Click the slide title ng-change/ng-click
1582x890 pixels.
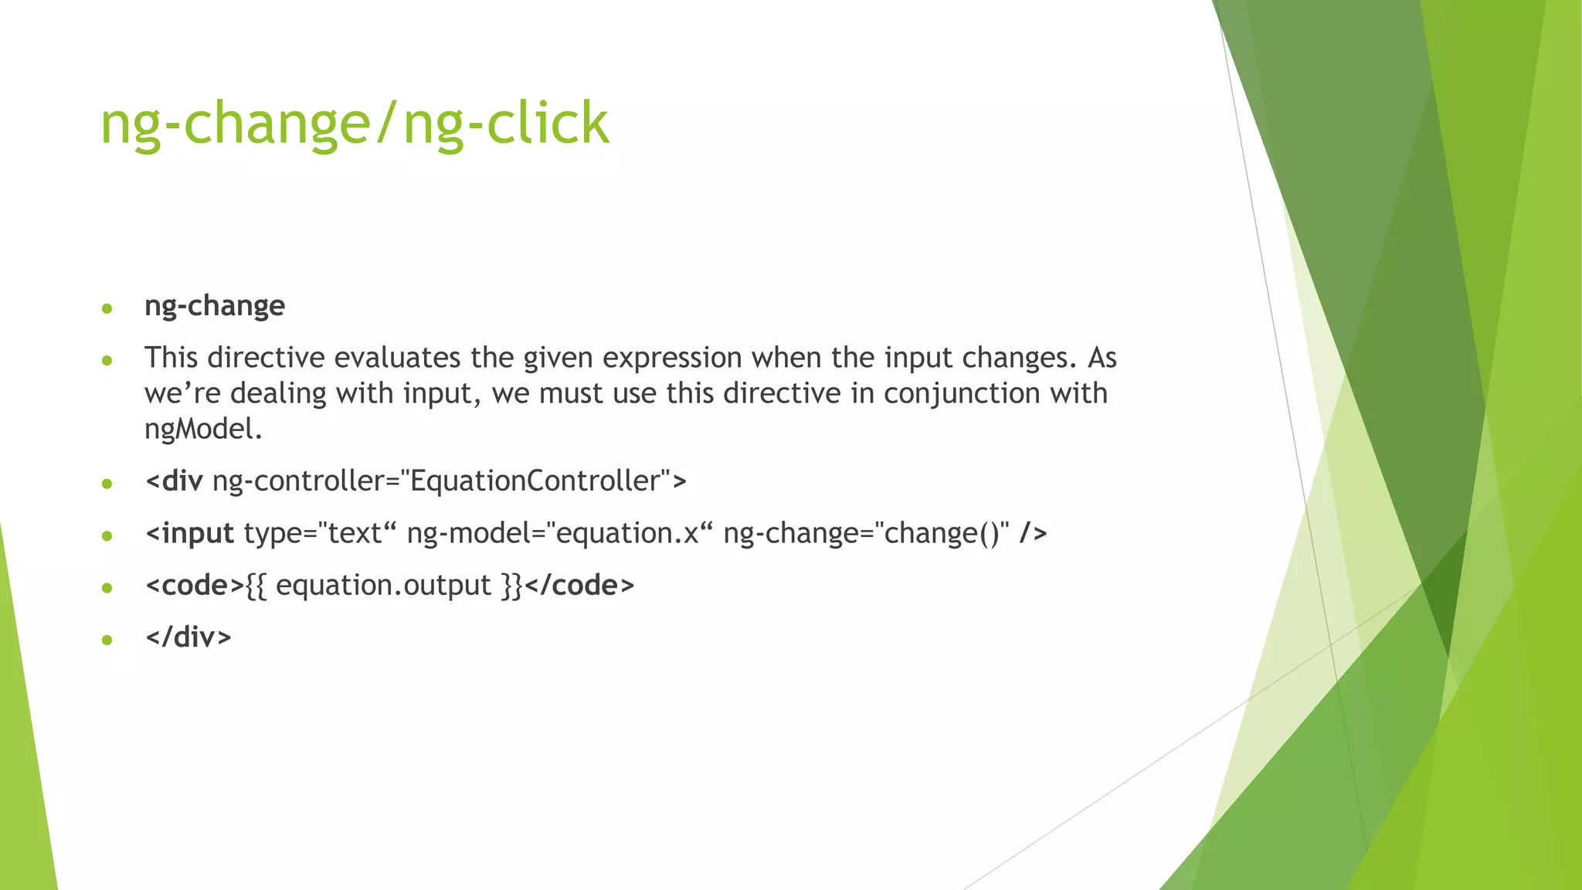click(355, 124)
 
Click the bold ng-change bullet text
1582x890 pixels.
click(215, 306)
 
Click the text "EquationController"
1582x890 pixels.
click(534, 481)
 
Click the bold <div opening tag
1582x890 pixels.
click(174, 481)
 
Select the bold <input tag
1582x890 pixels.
click(189, 533)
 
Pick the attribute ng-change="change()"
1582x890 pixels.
click(866, 533)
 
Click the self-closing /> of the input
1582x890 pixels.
click(1033, 533)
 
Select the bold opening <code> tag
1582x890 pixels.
click(195, 586)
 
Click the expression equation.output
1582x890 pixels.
click(383, 586)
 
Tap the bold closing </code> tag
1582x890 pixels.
click(579, 586)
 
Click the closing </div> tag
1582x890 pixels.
click(188, 637)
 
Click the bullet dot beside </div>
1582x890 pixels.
click(107, 640)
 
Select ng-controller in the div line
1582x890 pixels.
click(297, 481)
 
